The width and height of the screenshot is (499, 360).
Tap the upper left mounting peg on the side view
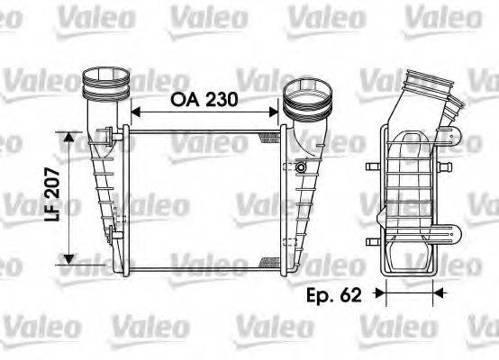tap(369, 168)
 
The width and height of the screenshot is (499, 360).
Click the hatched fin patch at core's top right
tap(269, 136)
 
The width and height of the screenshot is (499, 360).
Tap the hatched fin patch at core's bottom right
tap(269, 261)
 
